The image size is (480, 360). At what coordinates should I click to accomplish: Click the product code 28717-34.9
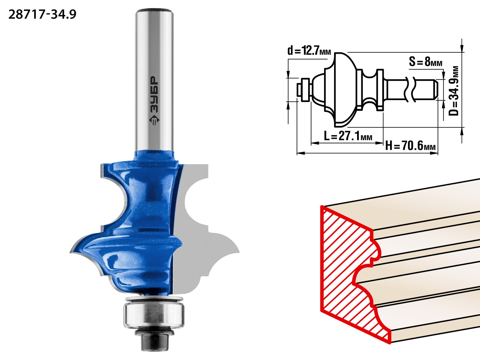point(43,15)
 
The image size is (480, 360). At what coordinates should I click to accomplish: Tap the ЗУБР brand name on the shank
point(154,94)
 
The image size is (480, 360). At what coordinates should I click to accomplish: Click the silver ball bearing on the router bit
point(154,315)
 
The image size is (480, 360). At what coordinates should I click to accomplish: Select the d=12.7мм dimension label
point(309,51)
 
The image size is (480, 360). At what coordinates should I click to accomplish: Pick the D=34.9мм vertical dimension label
point(453,91)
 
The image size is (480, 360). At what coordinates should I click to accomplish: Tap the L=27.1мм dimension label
point(348,136)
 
